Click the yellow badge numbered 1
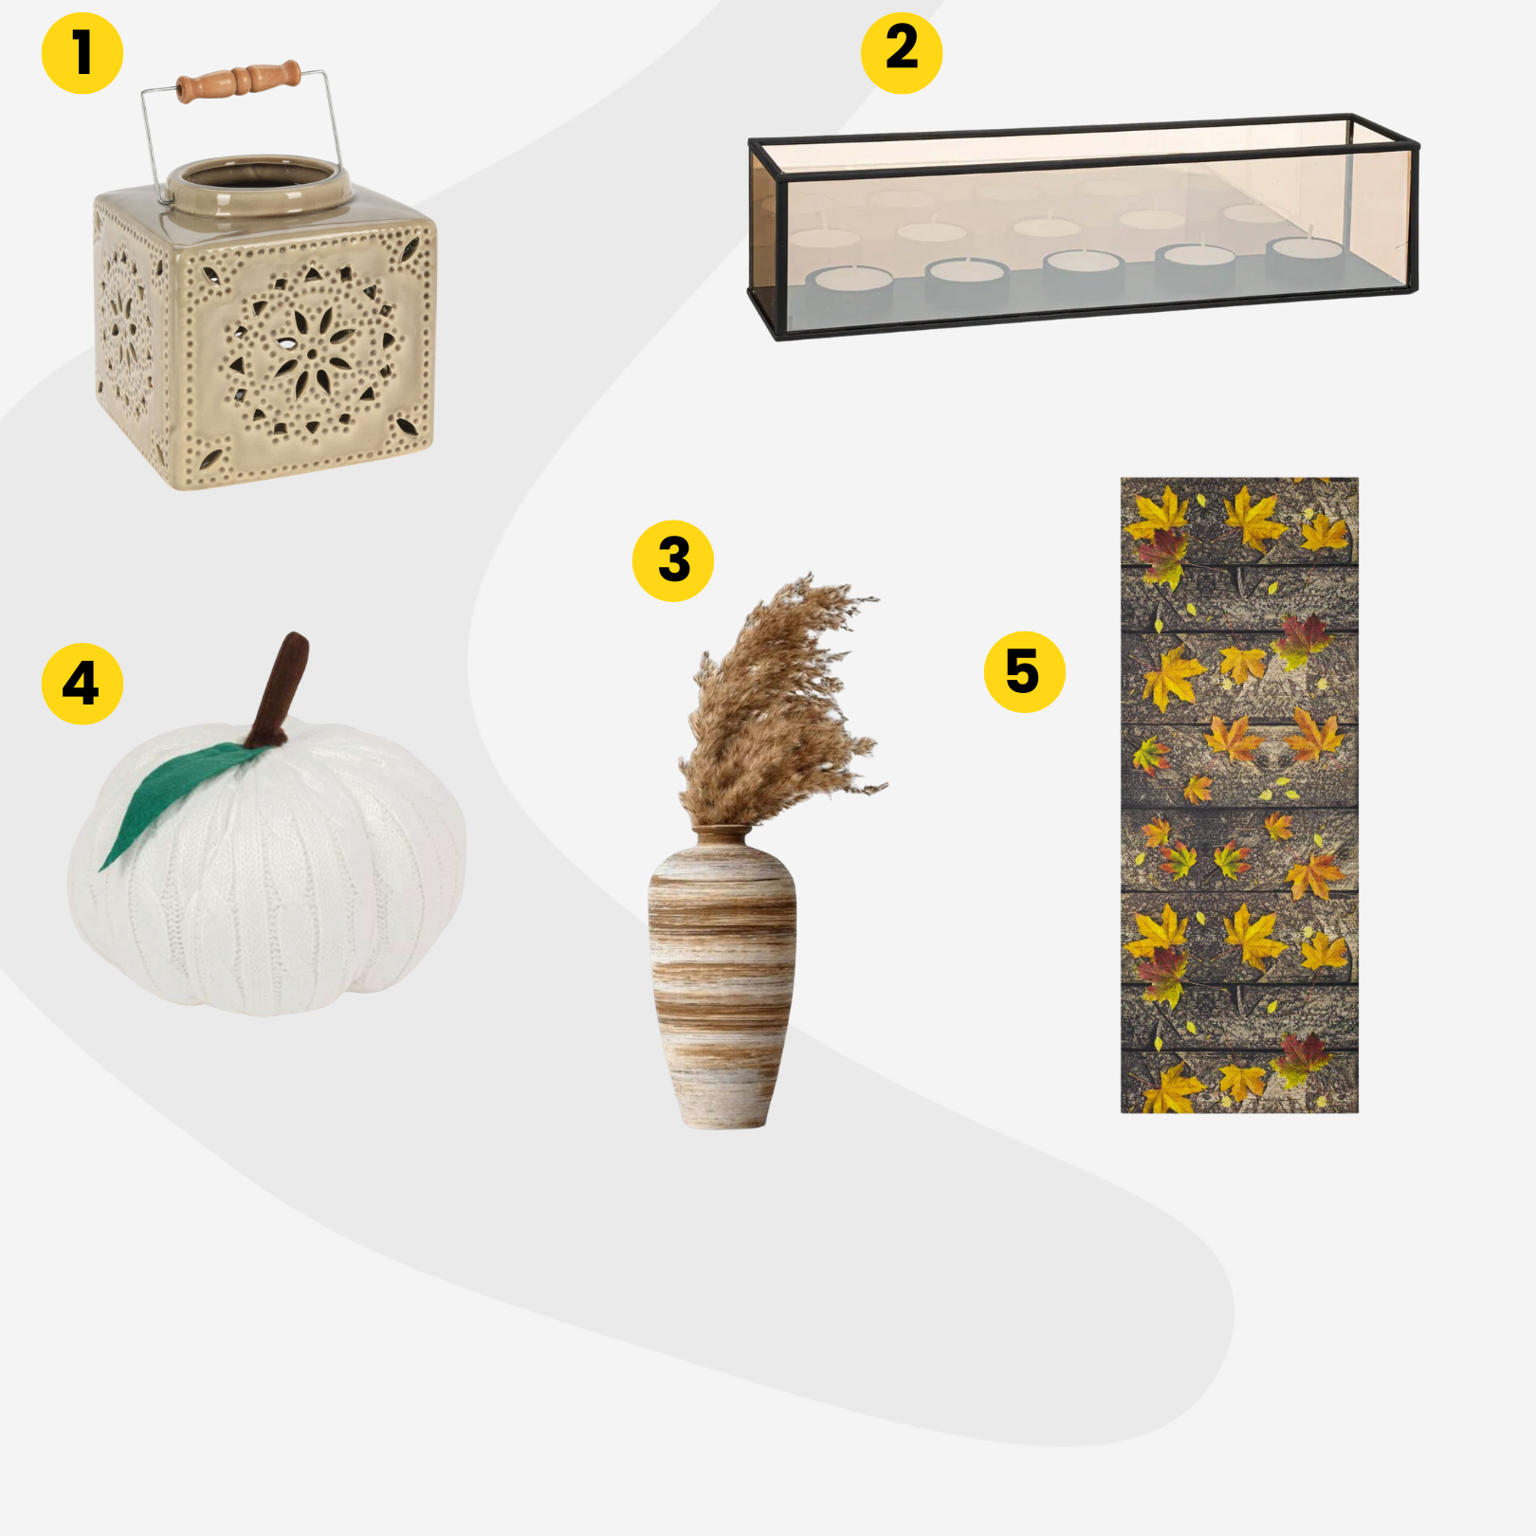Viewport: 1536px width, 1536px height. pos(82,53)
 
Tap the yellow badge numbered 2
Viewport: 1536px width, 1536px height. pos(902,53)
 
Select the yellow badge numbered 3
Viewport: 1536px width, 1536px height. pos(673,560)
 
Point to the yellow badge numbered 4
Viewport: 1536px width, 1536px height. pos(82,684)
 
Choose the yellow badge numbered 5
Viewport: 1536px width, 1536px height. pos(1025,671)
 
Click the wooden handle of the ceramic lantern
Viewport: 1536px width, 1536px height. pos(239,81)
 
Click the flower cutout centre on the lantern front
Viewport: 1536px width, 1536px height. pos(312,354)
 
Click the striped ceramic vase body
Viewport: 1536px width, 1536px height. pos(722,977)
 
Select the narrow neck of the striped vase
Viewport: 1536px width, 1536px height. pos(722,835)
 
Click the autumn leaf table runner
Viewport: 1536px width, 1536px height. pos(1239,795)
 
